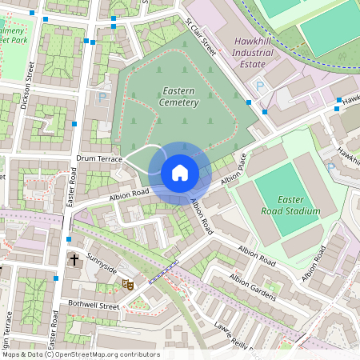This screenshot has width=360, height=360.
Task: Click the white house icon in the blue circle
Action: point(180,173)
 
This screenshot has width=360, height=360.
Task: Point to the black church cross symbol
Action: point(74,260)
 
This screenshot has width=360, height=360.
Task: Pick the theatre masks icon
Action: point(126,283)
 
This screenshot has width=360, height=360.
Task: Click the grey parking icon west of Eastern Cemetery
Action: point(102,97)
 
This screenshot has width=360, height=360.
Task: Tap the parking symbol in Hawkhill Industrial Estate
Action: point(258,86)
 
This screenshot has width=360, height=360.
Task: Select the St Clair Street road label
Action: point(202,38)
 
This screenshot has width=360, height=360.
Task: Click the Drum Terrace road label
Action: point(98,159)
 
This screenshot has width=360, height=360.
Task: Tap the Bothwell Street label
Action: point(93,306)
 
